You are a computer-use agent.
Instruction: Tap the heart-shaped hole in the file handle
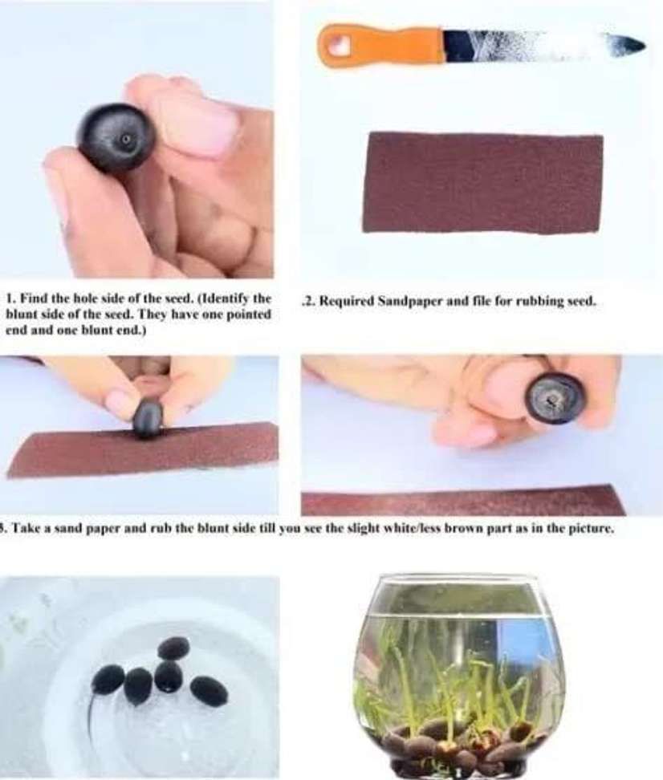[x=340, y=47]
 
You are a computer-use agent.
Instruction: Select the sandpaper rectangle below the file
[x=483, y=182]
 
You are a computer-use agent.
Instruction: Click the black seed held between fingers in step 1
[x=116, y=138]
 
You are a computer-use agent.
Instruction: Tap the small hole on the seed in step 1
[x=124, y=139]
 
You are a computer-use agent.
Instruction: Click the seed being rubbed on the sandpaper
[x=148, y=418]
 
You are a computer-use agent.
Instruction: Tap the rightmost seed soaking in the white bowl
[x=209, y=690]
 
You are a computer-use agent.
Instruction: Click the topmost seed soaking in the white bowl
[x=173, y=648]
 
